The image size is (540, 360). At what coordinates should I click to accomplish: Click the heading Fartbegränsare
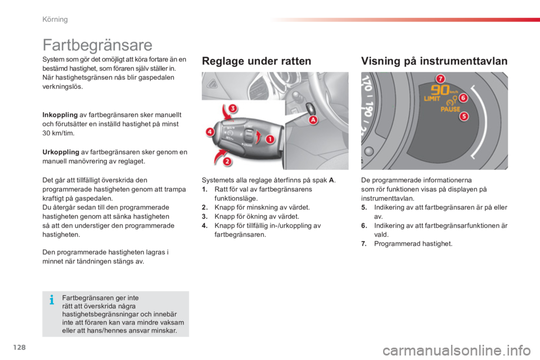(x=97, y=44)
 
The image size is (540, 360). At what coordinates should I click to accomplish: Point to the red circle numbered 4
(x=210, y=133)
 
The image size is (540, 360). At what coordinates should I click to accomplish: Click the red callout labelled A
(x=311, y=119)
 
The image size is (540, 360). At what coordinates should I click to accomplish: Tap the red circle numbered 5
(x=465, y=116)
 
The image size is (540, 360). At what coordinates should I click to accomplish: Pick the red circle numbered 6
(x=464, y=98)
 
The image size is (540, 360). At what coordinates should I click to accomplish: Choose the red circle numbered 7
(x=440, y=78)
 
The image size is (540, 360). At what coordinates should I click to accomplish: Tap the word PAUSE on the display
(x=449, y=110)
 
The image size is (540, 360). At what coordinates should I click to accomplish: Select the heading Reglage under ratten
(x=256, y=62)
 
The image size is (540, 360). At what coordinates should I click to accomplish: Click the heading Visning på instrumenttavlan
(x=434, y=62)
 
